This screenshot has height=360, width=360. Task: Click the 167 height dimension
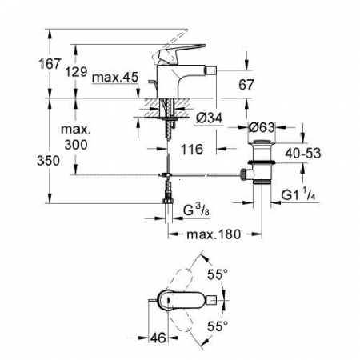tap(50, 64)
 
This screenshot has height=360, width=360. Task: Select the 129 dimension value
tap(76, 72)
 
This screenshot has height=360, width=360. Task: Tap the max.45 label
tap(115, 78)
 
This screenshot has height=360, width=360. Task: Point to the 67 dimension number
tap(246, 85)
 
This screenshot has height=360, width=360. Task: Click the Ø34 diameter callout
tap(210, 118)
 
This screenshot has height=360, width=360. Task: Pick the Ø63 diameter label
tap(262, 127)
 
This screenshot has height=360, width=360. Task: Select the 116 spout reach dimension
tap(192, 149)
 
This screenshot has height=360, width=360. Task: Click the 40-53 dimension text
tap(303, 154)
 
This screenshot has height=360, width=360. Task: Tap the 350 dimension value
tap(48, 161)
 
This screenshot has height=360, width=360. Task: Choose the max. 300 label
tap(76, 137)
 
